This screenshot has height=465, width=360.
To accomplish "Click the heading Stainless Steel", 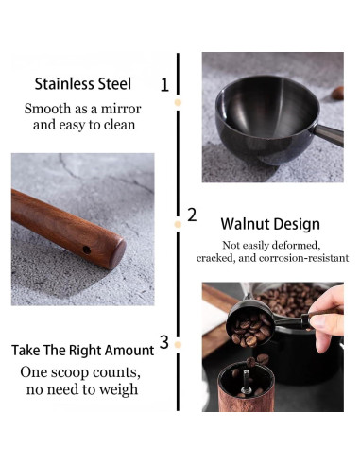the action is [83, 84].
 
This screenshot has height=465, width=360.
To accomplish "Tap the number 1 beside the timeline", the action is [164, 85].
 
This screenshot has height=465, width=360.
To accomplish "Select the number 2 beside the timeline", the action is [192, 215].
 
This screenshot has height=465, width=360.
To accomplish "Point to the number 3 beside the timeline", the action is [164, 342].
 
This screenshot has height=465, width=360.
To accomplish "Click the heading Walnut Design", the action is [270, 224].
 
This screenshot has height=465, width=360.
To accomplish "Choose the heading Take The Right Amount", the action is [83, 351].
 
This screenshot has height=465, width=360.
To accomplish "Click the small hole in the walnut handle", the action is [86, 250].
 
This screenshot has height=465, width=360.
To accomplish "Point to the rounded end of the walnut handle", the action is [118, 253].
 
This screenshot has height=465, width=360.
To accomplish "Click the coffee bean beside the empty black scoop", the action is [337, 94].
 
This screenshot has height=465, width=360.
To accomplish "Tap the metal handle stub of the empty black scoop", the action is [329, 135].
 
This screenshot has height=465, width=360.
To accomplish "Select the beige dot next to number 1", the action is [178, 102].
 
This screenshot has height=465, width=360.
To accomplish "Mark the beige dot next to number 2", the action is [178, 224].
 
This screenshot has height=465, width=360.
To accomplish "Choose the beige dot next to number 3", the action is [178, 345].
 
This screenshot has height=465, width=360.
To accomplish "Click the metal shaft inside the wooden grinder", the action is [246, 381].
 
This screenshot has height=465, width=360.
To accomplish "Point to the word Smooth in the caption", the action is [47, 109].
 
